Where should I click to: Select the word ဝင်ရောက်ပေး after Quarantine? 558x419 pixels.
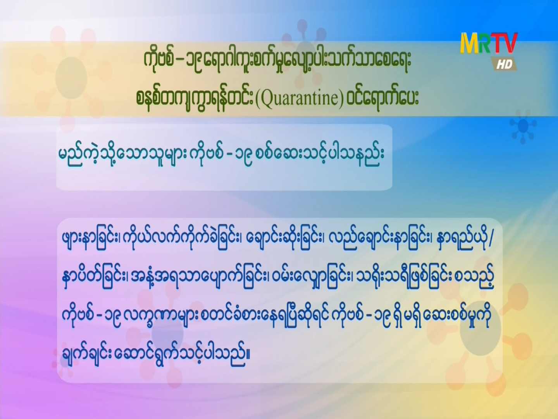click(x=381, y=98)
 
